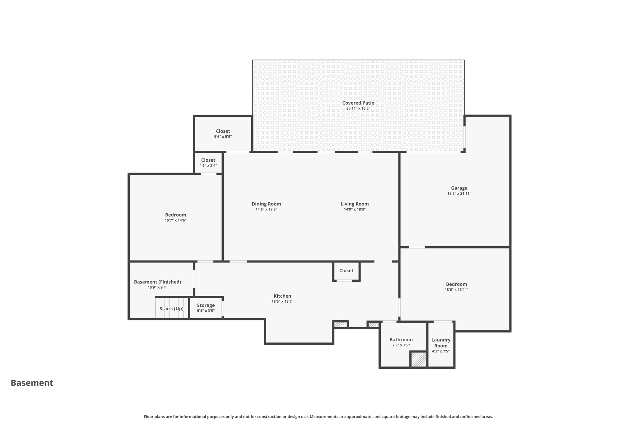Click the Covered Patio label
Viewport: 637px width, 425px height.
pyautogui.click(x=358, y=103)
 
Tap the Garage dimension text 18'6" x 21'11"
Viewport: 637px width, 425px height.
pyautogui.click(x=459, y=193)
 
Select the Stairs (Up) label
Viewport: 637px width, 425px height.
pyautogui.click(x=171, y=309)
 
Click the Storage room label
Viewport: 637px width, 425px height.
pyautogui.click(x=206, y=305)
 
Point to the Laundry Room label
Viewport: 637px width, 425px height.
pyautogui.click(x=441, y=342)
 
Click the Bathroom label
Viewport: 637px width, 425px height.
pyautogui.click(x=401, y=340)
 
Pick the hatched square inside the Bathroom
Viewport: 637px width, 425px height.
pyautogui.click(x=419, y=359)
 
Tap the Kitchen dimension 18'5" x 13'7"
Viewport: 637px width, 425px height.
pyautogui.click(x=282, y=301)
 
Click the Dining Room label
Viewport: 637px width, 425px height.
pyautogui.click(x=266, y=204)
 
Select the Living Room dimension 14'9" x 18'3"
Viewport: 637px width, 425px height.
pyautogui.click(x=355, y=210)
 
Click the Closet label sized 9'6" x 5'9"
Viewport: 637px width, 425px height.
pyautogui.click(x=223, y=131)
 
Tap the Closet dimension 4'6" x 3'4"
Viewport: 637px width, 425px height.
pyautogui.click(x=208, y=166)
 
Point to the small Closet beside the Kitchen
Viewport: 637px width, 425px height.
pyautogui.click(x=346, y=271)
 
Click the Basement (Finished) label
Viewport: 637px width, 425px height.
pyautogui.click(x=157, y=282)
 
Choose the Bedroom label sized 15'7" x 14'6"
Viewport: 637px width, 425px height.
pyautogui.click(x=175, y=215)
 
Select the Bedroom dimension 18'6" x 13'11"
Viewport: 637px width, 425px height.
pyautogui.click(x=456, y=290)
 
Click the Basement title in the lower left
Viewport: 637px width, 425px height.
pyautogui.click(x=32, y=383)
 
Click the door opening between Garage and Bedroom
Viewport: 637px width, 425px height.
pyautogui.click(x=417, y=247)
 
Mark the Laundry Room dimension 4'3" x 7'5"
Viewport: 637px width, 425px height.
pyautogui.click(x=441, y=351)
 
